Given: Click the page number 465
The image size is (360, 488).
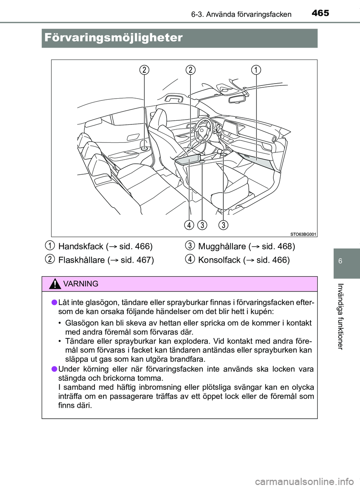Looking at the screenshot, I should (x=320, y=13).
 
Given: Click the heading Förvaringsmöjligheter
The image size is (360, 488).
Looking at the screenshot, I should (x=113, y=38).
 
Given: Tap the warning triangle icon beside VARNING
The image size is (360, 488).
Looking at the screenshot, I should (x=55, y=284).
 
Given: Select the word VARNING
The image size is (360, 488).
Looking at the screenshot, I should (x=81, y=284).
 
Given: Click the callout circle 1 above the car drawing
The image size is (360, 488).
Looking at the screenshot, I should (x=256, y=70).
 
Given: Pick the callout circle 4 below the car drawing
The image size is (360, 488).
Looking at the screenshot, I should (x=189, y=225).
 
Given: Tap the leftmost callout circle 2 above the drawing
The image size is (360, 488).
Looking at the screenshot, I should (x=144, y=70).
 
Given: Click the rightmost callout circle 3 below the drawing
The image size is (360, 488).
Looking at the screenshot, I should (x=223, y=225).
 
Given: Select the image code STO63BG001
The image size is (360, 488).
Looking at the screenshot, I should (x=303, y=234).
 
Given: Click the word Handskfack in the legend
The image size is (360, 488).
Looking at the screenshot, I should (x=81, y=247).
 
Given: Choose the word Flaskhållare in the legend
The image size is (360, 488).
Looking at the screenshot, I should (x=81, y=260).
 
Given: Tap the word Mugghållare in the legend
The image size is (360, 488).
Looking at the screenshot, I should (x=222, y=247).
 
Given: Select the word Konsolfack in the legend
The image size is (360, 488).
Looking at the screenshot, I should (x=219, y=260).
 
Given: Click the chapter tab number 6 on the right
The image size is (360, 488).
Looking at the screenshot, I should (x=340, y=261).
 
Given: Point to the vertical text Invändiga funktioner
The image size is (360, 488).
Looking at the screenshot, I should (x=340, y=316).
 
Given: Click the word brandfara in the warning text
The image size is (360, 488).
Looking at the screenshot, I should (x=188, y=359).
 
